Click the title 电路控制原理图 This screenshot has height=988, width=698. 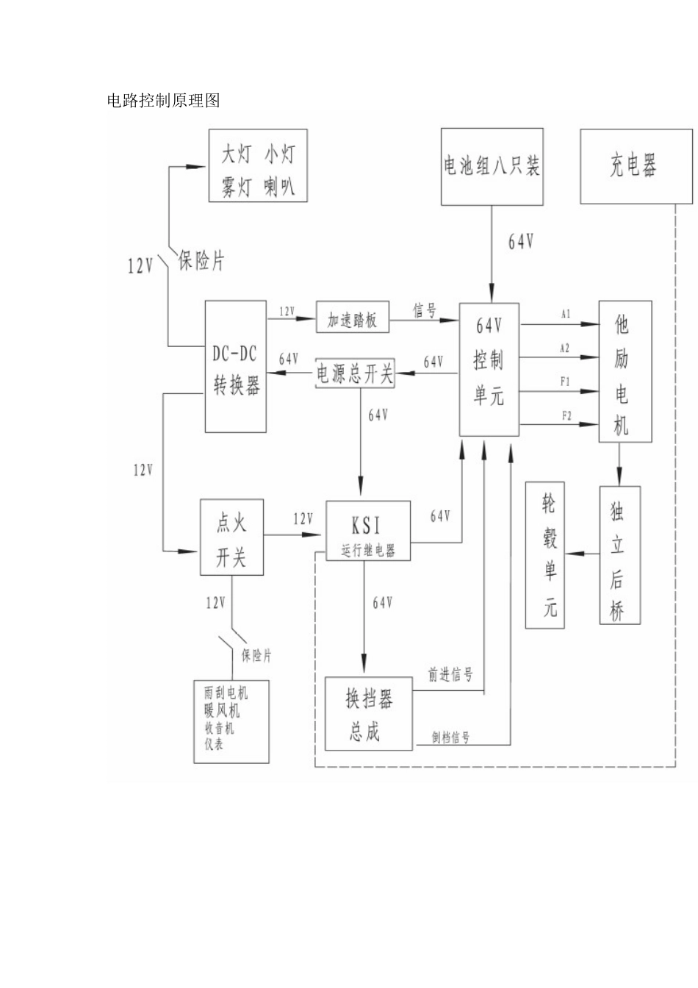coord(163,101)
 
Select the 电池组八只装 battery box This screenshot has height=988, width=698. coord(491,166)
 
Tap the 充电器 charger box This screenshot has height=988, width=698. coord(636,166)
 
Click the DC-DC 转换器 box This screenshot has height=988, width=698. coord(235,367)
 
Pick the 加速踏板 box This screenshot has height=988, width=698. coord(352,316)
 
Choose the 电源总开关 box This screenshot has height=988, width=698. coord(355,373)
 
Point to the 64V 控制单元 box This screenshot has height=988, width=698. coord(489,369)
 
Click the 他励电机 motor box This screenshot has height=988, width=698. coord(625,371)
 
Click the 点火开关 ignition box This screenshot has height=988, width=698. coord(231,537)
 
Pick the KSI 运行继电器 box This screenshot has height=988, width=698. coord(367,531)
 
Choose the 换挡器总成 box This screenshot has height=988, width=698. coord(369,713)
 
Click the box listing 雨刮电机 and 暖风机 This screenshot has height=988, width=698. coord(231,720)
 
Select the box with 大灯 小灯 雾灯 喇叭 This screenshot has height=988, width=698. coord(258,166)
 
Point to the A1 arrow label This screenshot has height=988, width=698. coord(565,314)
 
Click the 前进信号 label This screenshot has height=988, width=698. coord(450,675)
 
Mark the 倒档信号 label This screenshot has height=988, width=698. coord(450,737)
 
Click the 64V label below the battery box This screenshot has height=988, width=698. coord(520,242)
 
